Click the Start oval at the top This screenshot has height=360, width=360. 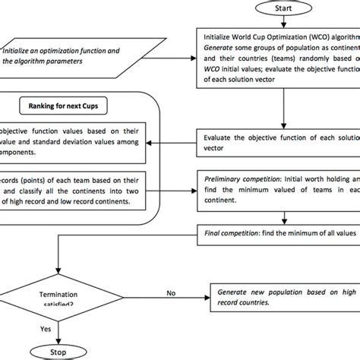pyautogui.click(x=283, y=8)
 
